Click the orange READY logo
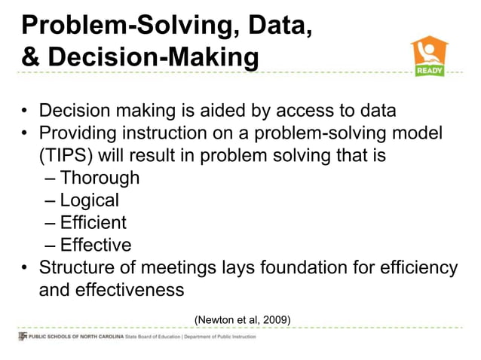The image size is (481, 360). pos(429,56)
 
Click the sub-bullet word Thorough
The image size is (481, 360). pos(100,178)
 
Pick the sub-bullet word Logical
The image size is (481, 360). pos(89,200)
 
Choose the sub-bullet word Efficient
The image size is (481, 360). pos(93,223)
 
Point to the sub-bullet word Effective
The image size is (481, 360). pos(95,245)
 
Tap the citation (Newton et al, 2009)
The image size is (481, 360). pos(242,320)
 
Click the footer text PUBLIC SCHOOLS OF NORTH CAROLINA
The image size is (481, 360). pos(75,336)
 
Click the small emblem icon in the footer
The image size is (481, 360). pos(22,336)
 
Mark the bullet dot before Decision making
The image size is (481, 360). pos(25,112)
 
